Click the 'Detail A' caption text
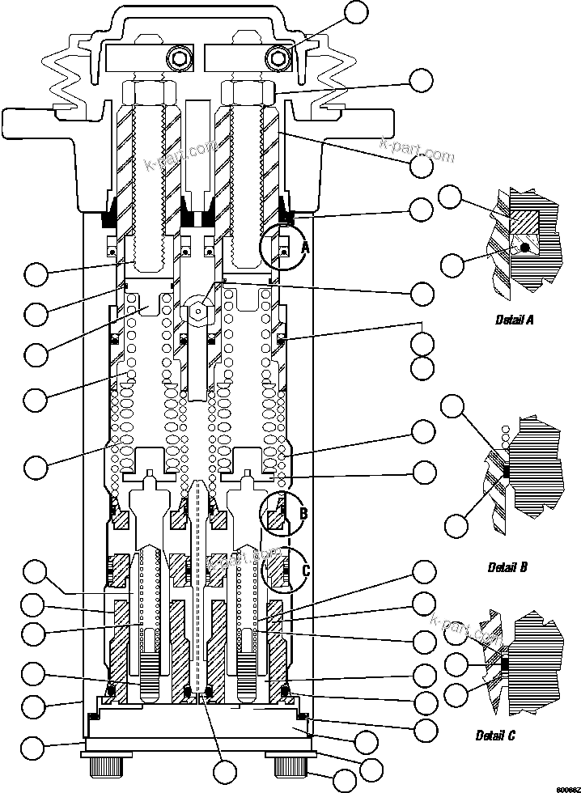pos(514,320)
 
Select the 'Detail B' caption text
pos(507,567)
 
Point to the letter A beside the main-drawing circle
pos(305,248)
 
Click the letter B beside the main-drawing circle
pos(303,513)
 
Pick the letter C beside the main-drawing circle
pos(305,570)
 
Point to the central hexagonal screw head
pos(195,310)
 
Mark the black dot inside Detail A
pos(526,248)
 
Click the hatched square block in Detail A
pos(524,219)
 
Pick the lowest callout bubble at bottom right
pos(346,782)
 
